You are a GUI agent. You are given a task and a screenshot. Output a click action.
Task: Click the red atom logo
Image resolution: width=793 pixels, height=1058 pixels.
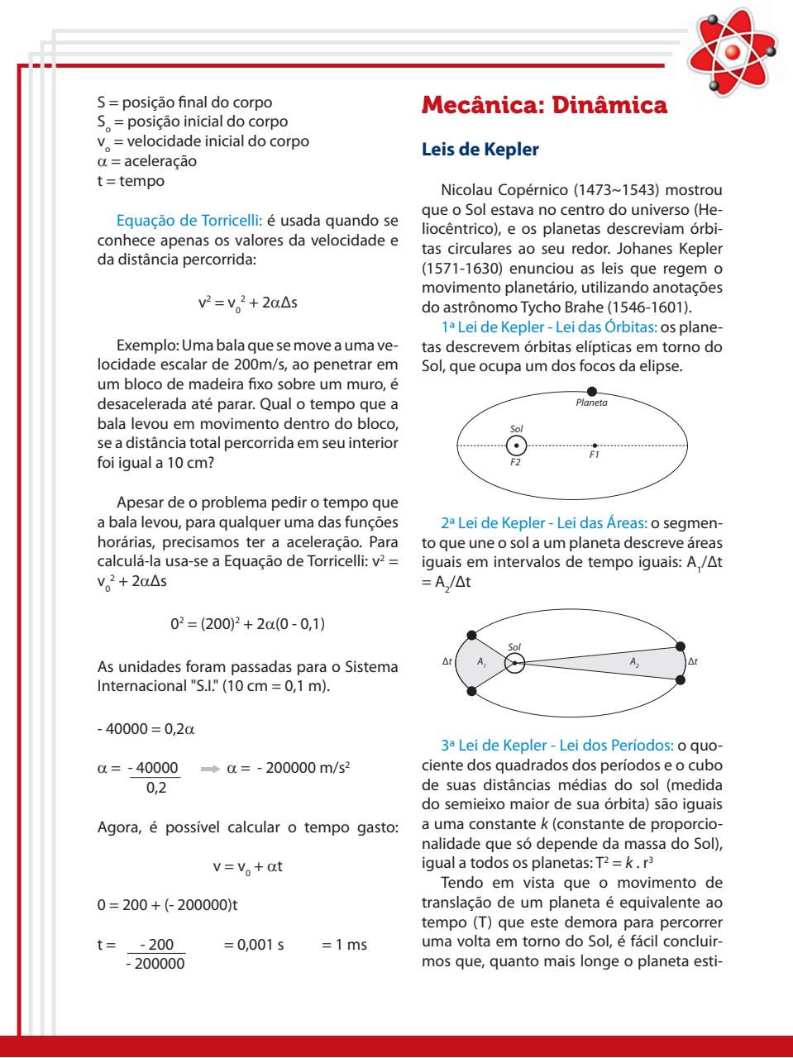(x=732, y=52)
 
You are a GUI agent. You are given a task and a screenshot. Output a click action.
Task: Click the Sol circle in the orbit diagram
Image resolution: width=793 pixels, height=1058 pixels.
(x=516, y=446)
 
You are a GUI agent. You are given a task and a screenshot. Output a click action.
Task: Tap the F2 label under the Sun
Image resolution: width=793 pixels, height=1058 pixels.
(x=515, y=463)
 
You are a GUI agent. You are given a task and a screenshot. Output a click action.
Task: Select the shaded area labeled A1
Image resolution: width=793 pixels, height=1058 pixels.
(x=483, y=662)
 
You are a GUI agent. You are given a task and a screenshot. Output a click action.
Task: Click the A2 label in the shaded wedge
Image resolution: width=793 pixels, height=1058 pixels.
(x=634, y=662)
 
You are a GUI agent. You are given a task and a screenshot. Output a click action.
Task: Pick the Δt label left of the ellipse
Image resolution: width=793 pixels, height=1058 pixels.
(x=447, y=661)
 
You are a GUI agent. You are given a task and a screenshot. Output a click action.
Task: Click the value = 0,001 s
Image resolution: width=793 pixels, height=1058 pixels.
(x=254, y=944)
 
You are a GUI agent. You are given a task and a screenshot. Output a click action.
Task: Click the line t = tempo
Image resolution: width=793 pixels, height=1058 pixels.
(x=131, y=180)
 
